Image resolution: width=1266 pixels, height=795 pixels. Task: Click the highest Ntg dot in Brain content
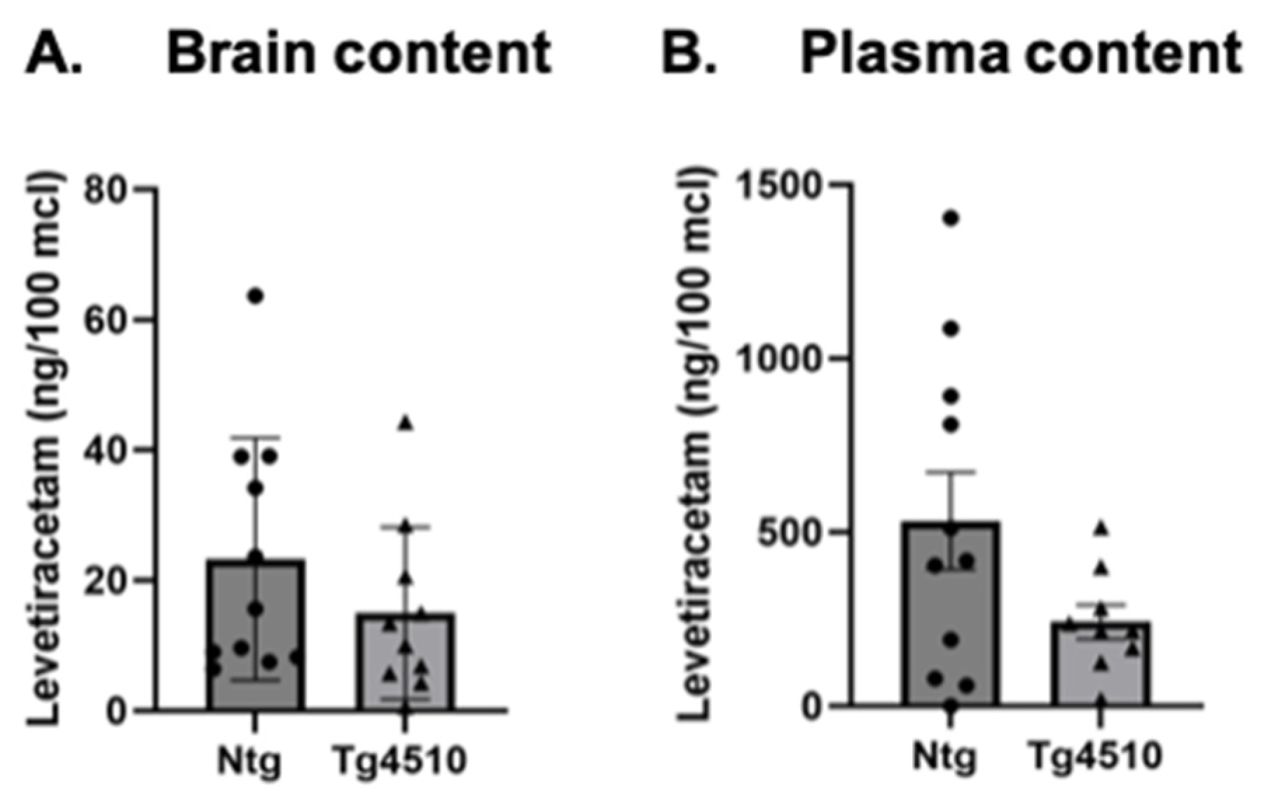[256, 296]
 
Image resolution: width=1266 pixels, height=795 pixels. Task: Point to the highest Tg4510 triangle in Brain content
[406, 423]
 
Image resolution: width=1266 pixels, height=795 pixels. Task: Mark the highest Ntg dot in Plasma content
[951, 218]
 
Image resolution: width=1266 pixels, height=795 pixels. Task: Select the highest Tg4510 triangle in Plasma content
[1101, 529]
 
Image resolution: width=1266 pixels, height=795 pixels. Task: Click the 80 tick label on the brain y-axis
[106, 189]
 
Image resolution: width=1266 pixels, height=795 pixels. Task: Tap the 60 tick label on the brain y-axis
[106, 319]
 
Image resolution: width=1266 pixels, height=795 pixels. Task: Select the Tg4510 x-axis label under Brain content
[399, 761]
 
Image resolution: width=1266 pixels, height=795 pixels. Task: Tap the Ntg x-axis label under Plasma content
[945, 757]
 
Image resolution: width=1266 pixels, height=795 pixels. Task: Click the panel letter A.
[54, 53]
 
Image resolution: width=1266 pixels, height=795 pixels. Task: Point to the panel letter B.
[689, 53]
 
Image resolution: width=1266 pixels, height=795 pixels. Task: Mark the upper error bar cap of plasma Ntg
[951, 472]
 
